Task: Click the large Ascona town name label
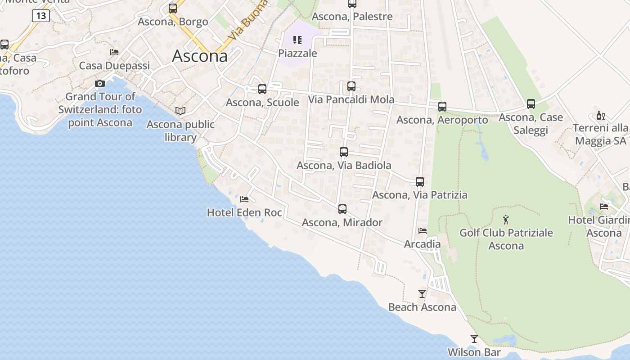200,56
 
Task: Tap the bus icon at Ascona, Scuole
262,89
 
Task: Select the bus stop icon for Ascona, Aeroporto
442,107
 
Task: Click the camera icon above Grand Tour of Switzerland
100,83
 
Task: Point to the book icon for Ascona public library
180,111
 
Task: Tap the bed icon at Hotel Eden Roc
244,199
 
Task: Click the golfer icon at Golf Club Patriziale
506,220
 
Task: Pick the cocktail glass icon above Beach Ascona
422,294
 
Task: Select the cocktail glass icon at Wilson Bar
474,339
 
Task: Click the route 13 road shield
40,16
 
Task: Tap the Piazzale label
297,54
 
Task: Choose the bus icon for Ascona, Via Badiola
344,152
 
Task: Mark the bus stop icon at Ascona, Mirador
342,209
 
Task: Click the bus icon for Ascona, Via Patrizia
420,182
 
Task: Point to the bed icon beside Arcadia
423,231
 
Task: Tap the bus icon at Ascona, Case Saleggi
531,104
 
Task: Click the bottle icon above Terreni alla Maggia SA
600,115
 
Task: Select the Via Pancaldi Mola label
351,99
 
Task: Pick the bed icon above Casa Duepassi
114,52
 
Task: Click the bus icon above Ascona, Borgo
173,9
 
